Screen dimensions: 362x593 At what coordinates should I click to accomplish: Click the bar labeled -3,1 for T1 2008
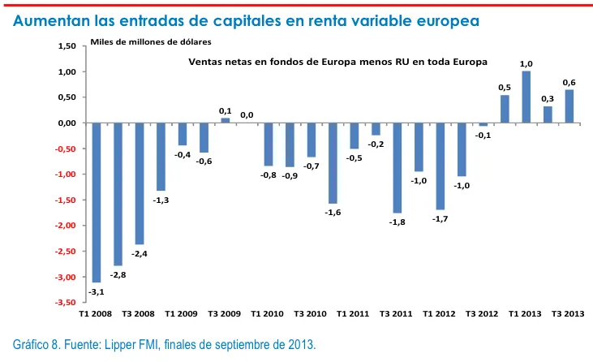[x=97, y=202]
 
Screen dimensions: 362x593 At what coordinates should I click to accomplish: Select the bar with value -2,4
[x=140, y=183]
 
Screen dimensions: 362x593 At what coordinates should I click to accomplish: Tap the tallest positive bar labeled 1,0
[x=526, y=97]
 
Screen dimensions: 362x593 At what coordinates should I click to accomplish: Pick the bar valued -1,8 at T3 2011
[x=397, y=168]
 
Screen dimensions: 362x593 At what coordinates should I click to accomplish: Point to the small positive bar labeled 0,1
[x=226, y=120]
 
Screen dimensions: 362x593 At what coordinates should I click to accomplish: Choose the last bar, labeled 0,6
[x=569, y=106]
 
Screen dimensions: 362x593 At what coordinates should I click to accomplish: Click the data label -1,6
[x=333, y=212]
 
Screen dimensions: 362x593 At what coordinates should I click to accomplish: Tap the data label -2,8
[x=118, y=275]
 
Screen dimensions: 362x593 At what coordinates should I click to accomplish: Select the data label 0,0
[x=247, y=115]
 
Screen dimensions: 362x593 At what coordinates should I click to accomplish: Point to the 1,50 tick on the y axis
[x=66, y=46]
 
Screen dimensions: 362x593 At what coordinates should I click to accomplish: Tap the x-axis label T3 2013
[x=568, y=312]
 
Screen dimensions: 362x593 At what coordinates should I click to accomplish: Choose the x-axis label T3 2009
[x=224, y=312]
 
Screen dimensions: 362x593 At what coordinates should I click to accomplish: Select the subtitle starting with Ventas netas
[x=338, y=62]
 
